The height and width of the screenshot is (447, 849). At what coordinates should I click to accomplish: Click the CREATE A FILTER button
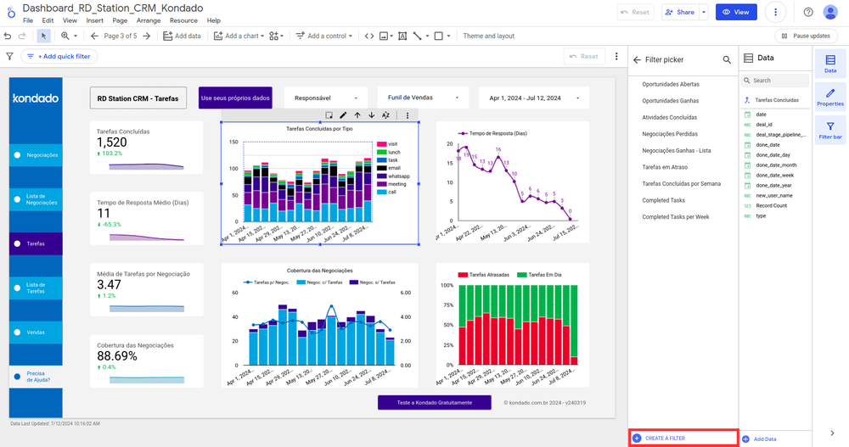665,439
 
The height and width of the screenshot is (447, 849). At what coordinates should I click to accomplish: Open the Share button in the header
680,13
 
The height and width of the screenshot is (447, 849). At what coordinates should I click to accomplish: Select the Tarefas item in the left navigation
35,243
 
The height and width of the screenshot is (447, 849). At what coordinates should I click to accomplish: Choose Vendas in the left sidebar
35,332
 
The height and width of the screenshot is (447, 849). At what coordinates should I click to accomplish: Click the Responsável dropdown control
325,98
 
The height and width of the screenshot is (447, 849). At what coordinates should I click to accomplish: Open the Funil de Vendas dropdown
422,98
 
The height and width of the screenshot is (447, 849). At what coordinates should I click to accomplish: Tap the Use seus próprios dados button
235,98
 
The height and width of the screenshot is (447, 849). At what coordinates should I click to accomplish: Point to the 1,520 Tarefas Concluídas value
112,142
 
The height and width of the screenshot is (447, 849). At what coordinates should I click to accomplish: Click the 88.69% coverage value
117,356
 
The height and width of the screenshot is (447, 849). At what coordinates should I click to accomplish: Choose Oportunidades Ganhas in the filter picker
671,101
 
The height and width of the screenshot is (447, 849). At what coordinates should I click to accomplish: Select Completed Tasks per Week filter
676,217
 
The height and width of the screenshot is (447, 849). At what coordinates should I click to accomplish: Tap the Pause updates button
806,36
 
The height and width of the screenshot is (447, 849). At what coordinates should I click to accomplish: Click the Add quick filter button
59,56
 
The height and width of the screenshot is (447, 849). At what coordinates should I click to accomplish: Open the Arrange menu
149,20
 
